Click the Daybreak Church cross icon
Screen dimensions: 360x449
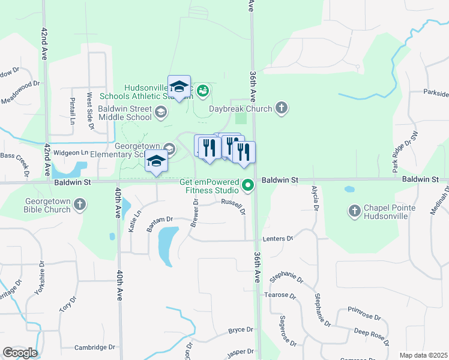[x=281, y=109]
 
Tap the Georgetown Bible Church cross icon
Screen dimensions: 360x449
[x=80, y=206]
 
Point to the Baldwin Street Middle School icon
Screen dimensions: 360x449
[x=161, y=112]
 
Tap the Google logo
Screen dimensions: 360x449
[x=20, y=353]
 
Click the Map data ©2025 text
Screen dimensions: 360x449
[x=423, y=355]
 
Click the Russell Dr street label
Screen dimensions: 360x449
[x=233, y=206]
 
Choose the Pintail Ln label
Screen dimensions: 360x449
[x=72, y=108]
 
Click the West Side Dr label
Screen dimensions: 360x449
[x=90, y=110]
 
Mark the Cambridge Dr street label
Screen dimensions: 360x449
[x=94, y=347]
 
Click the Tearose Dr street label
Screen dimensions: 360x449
[x=280, y=296]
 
